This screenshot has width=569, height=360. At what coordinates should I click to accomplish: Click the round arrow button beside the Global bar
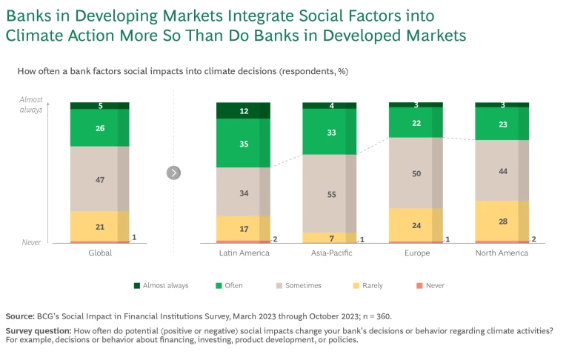tap(174, 173)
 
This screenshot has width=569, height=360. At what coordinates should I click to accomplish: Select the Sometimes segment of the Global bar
tap(99, 179)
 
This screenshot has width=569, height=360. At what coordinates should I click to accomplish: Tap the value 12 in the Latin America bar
tap(243, 111)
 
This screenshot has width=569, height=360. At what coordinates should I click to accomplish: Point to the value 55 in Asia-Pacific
tap(330, 193)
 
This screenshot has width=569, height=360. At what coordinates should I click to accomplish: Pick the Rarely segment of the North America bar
tap(502, 221)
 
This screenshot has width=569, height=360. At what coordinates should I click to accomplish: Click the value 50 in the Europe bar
tap(416, 173)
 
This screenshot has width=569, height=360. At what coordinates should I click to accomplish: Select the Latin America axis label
tap(244, 253)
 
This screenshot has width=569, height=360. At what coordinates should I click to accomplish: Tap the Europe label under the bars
tap(416, 253)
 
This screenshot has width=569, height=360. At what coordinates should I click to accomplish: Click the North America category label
tap(502, 253)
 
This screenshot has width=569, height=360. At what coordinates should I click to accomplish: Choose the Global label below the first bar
tap(99, 253)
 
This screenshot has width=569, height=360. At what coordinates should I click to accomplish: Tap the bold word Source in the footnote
tap(21, 316)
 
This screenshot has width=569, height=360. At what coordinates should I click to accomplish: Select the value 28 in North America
tap(502, 221)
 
